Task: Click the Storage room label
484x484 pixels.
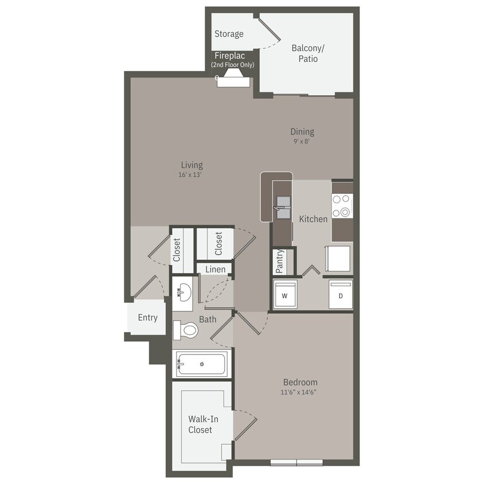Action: click(229, 34)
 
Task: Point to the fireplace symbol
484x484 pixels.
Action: click(233, 81)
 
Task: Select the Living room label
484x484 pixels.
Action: click(191, 165)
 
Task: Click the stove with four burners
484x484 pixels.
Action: click(342, 206)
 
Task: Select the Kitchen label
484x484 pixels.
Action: click(313, 218)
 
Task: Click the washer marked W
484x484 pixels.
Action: click(284, 295)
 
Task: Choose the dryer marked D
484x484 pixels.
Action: click(341, 295)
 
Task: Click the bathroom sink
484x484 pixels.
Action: click(184, 292)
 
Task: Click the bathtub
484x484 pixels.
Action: click(202, 364)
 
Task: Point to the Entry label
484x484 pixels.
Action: click(147, 318)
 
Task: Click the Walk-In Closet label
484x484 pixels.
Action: click(200, 424)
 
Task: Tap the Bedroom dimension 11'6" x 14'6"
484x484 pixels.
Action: click(299, 392)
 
